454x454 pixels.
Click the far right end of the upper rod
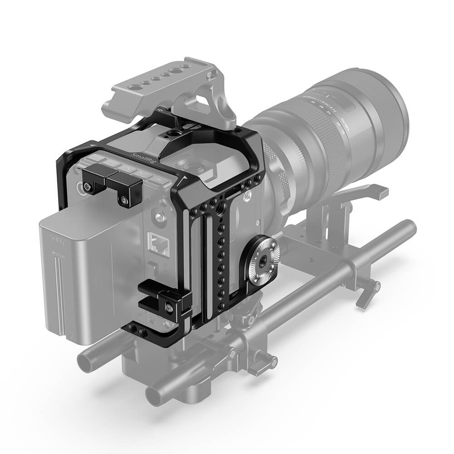(x=411, y=225)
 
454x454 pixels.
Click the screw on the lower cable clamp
(x=169, y=309)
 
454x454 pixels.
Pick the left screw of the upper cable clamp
(x=86, y=188)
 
